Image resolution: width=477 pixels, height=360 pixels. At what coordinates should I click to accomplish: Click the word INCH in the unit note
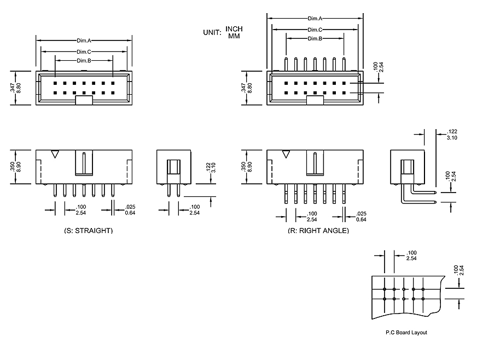pyautogui.click(x=234, y=29)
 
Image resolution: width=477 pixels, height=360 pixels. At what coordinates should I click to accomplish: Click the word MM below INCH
pyautogui.click(x=234, y=36)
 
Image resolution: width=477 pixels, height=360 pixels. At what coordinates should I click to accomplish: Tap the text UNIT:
pyautogui.click(x=212, y=32)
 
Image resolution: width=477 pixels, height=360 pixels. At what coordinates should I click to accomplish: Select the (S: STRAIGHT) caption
pyautogui.click(x=88, y=231)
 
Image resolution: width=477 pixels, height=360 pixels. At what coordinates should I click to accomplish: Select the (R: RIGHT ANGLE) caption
pyautogui.click(x=318, y=231)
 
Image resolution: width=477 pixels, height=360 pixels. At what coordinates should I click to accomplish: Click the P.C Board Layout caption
pyautogui.click(x=406, y=332)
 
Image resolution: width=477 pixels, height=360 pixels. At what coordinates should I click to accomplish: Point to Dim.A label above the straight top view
pyautogui.click(x=84, y=40)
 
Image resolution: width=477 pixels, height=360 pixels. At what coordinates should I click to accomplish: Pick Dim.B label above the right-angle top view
pyautogui.click(x=315, y=39)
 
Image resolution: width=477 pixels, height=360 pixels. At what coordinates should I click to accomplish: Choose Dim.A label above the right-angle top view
pyautogui.click(x=315, y=19)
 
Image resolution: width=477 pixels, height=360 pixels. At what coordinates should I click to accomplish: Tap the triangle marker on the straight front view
pyautogui.click(x=54, y=154)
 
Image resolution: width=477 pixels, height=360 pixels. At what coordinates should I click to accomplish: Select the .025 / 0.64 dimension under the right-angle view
pyautogui.click(x=362, y=216)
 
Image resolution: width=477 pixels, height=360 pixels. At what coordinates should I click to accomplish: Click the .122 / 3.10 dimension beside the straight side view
pyautogui.click(x=208, y=167)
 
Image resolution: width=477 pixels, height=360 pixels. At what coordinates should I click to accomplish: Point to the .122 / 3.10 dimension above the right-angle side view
pyautogui.click(x=452, y=135)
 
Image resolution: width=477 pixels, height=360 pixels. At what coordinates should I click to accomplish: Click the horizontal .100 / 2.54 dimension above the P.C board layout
pyautogui.click(x=411, y=255)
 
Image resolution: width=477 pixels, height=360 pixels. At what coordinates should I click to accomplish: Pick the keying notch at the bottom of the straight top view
pyautogui.click(x=84, y=100)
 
